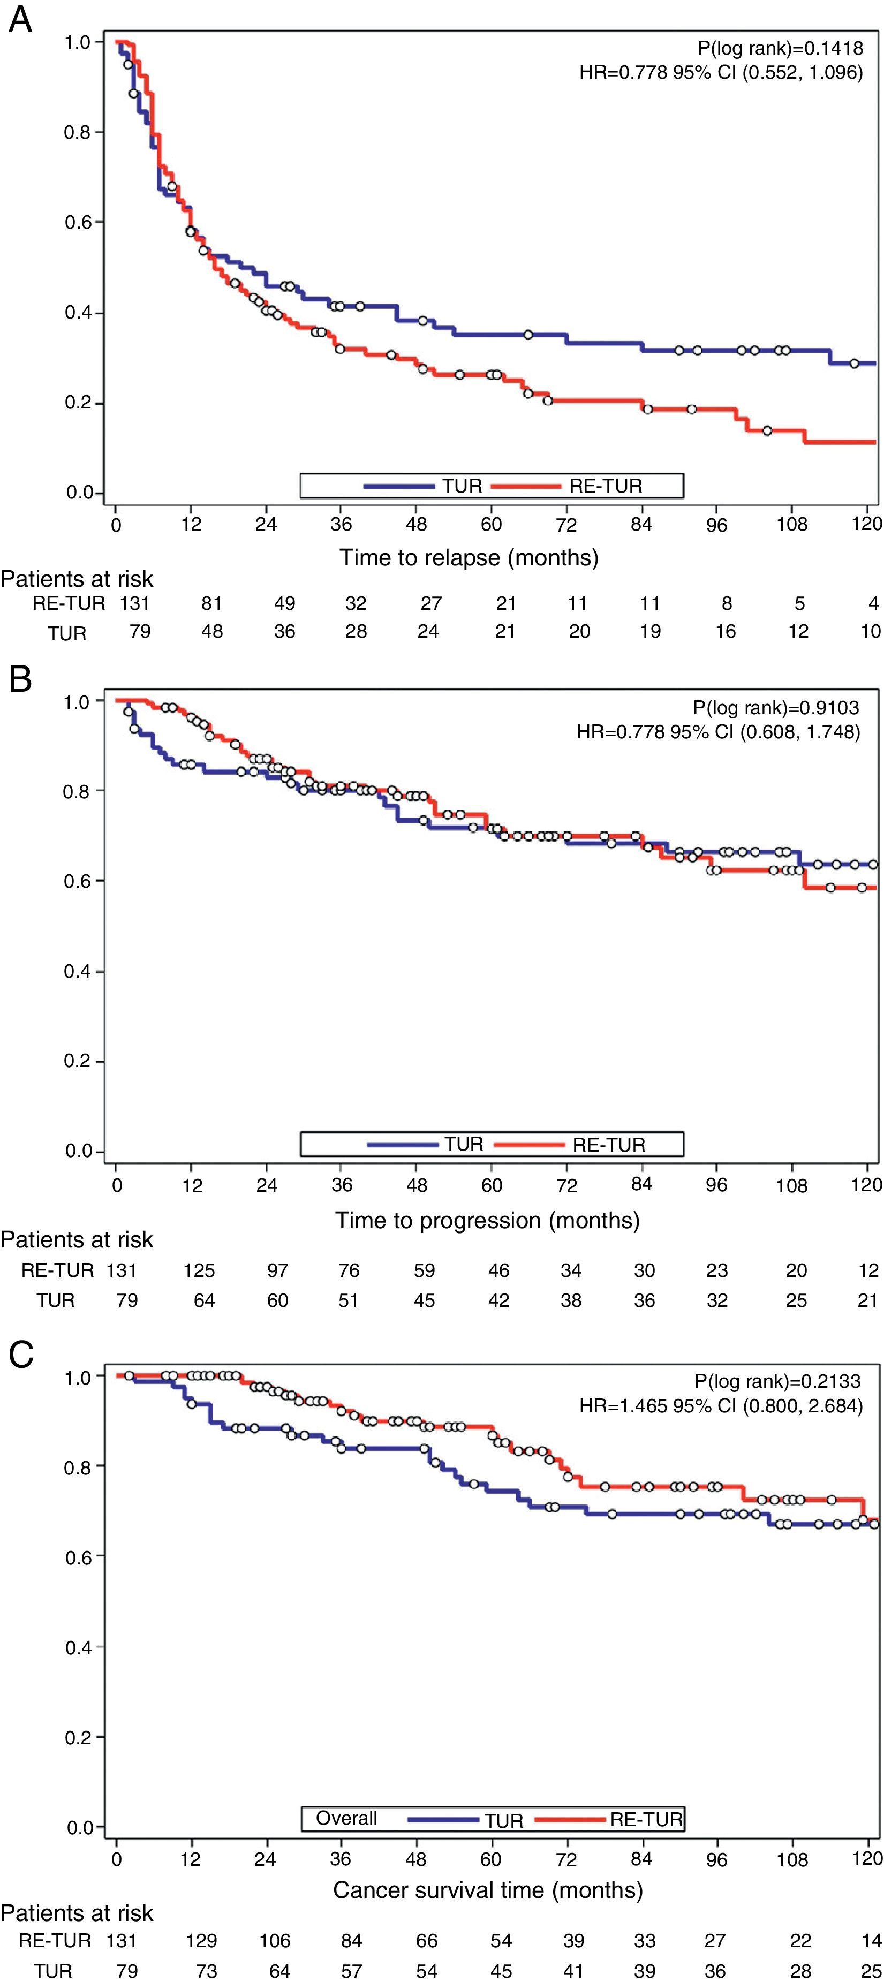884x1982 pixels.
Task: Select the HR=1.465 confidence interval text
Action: point(721,1406)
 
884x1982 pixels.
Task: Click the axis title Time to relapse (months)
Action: point(469,557)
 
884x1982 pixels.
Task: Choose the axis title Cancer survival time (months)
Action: point(487,1890)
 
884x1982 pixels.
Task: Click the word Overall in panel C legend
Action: point(346,1818)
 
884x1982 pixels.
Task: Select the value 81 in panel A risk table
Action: point(211,603)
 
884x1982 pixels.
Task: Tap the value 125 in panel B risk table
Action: point(199,1270)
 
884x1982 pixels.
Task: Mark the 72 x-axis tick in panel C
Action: point(566,1859)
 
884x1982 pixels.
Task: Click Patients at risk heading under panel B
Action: point(77,1239)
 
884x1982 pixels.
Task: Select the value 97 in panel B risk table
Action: point(277,1270)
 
